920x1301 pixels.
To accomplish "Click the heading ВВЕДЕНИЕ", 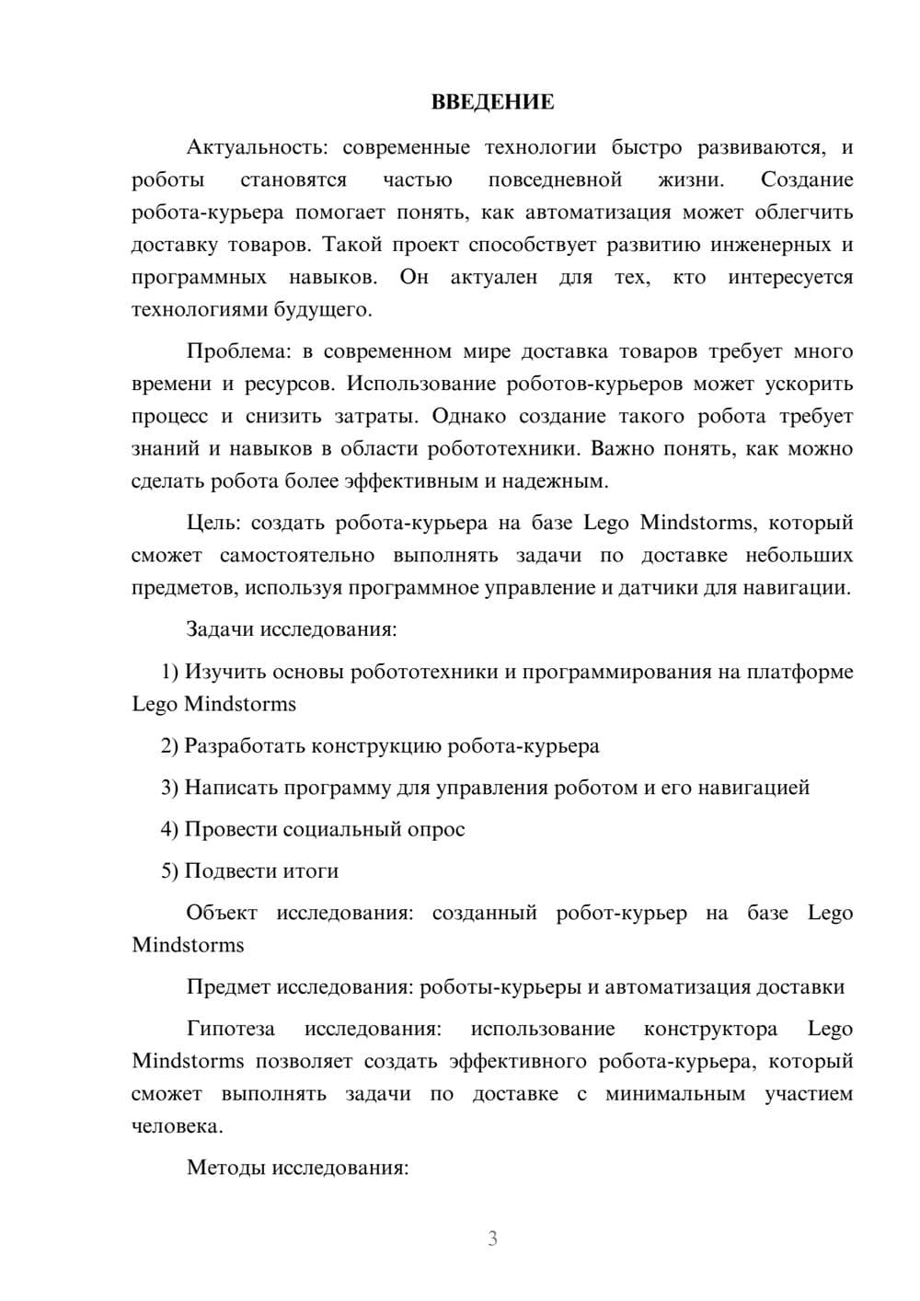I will click(492, 102).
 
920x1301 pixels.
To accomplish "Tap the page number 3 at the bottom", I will click(492, 1238).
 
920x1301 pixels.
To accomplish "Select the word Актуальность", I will click(247, 147).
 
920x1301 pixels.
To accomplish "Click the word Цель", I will click(213, 523).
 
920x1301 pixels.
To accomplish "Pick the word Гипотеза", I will click(231, 1029).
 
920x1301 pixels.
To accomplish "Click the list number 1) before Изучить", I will click(170, 672).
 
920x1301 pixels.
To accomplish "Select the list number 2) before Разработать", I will click(170, 745).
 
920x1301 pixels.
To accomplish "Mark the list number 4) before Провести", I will click(170, 829).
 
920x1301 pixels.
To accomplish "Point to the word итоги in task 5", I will click(309, 870).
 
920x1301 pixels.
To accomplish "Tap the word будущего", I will click(323, 310).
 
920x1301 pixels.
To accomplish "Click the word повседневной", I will click(555, 179).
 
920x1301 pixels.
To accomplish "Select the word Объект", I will click(222, 913).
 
